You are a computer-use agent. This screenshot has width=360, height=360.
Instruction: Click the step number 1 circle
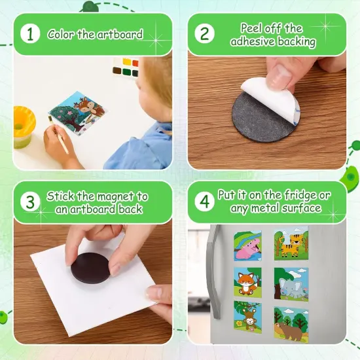pyautogui.click(x=29, y=33)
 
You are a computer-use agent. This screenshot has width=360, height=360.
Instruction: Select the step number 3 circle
pyautogui.click(x=29, y=202)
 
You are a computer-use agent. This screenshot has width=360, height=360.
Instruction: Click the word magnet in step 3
pyautogui.click(x=110, y=196)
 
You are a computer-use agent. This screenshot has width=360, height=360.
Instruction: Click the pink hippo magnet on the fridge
pyautogui.click(x=247, y=246)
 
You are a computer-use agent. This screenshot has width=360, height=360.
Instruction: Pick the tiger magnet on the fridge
pyautogui.click(x=291, y=244)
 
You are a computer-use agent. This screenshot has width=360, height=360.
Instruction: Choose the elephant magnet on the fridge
pyautogui.click(x=291, y=283)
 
